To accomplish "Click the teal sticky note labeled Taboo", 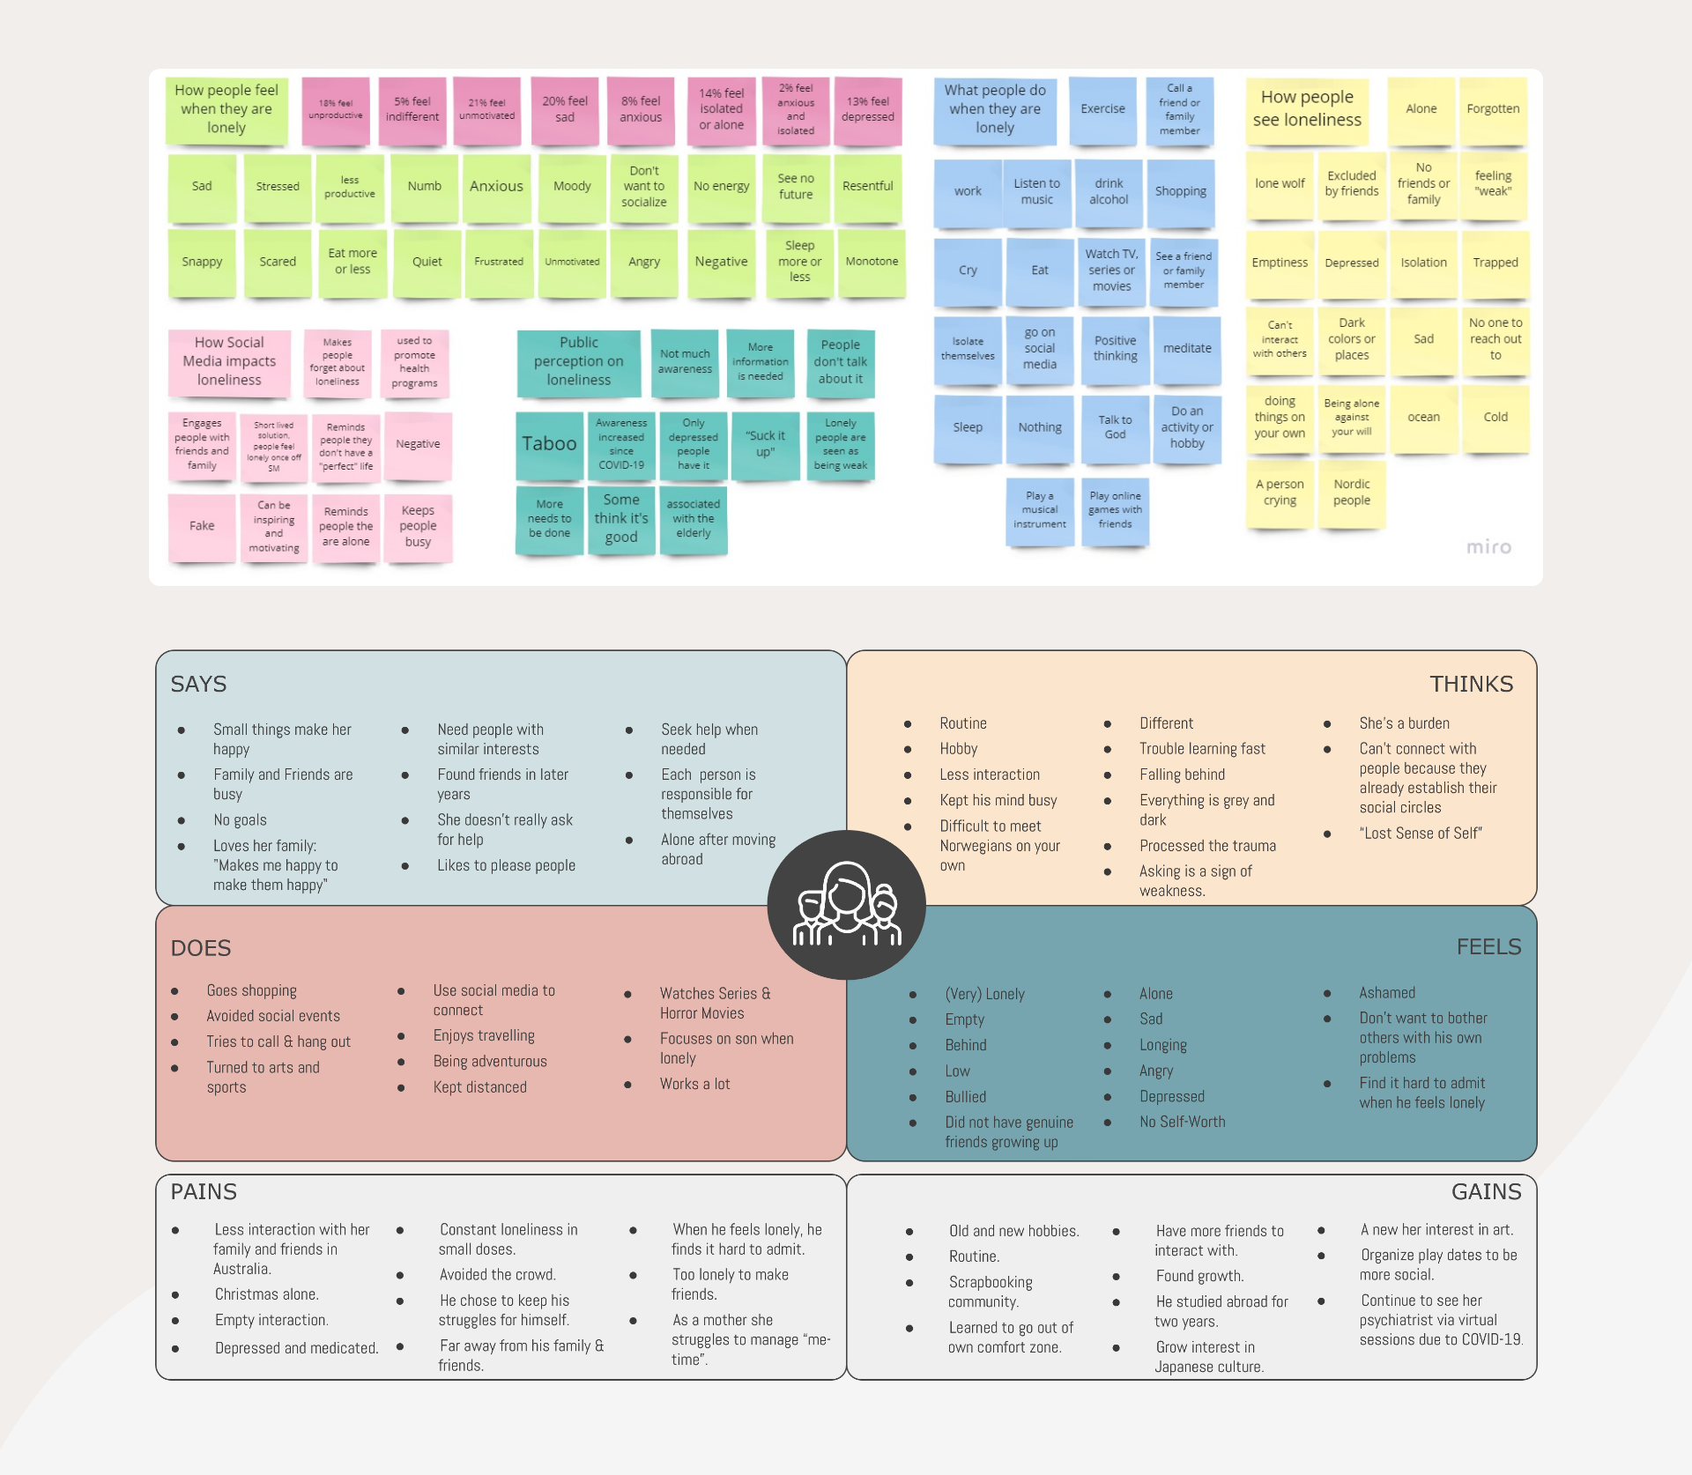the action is [549, 444].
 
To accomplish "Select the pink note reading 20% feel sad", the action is [565, 109].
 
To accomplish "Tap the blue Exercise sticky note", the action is [1102, 109].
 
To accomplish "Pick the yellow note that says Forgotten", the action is [1493, 109].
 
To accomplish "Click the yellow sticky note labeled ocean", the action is [1423, 418].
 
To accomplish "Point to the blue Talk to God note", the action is [1115, 427].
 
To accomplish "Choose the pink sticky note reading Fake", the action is [202, 526].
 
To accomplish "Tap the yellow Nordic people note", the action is [1351, 493].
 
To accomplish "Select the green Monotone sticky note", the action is [872, 262].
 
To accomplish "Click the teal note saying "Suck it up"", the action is [765, 444].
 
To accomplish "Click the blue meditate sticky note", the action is [1187, 349].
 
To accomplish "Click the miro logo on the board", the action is [1488, 547].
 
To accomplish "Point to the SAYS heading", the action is [198, 685].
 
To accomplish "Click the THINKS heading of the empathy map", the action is [1471, 685].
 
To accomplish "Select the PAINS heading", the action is [204, 1192].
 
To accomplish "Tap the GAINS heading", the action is [1486, 1192].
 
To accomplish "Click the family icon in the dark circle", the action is [846, 905].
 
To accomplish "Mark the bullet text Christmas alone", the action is [266, 1294].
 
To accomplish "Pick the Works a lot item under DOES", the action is [694, 1085].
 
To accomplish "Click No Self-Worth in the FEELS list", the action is [1182, 1123].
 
